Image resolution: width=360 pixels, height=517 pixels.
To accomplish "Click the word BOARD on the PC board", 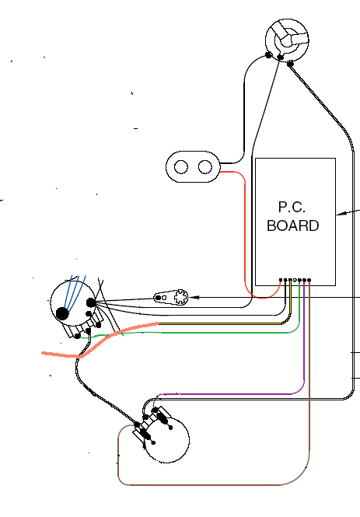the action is click(293, 225).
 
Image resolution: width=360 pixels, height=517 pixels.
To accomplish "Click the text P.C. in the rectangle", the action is click(292, 207).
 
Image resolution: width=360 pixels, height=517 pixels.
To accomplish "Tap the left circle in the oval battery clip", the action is click(180, 167).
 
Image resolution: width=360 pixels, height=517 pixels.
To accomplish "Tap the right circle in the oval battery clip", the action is click(205, 167).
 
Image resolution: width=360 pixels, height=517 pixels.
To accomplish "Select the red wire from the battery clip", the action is click(245, 231).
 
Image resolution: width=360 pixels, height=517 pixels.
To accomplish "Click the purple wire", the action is click(231, 394).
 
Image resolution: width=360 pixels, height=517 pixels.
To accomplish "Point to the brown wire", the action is click(211, 484).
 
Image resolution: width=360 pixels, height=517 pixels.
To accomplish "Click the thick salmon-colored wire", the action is click(99, 343).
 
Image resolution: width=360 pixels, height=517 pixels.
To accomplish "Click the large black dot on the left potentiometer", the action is click(62, 313).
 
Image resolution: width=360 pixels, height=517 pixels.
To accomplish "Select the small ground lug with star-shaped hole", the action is click(171, 297).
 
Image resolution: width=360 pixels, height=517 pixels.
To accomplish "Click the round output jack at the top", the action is click(287, 40).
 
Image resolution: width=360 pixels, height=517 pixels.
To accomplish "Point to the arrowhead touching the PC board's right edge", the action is click(341, 214).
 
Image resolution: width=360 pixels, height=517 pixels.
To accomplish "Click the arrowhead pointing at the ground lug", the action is click(194, 298).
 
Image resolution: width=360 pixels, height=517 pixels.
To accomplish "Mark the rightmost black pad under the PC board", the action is click(309, 280).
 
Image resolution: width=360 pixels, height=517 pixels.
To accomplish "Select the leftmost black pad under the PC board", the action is click(281, 280).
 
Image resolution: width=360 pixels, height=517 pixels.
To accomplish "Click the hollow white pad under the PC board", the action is click(295, 280).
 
